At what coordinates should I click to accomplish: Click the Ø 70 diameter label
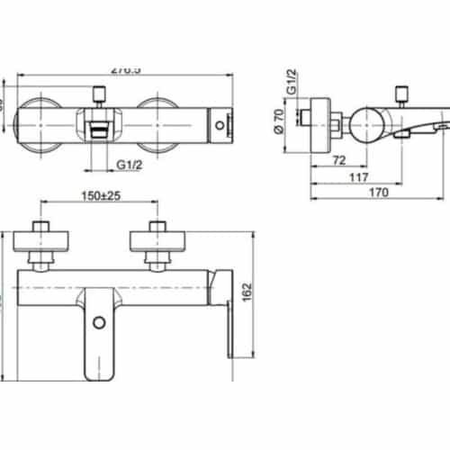pos(280,118)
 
